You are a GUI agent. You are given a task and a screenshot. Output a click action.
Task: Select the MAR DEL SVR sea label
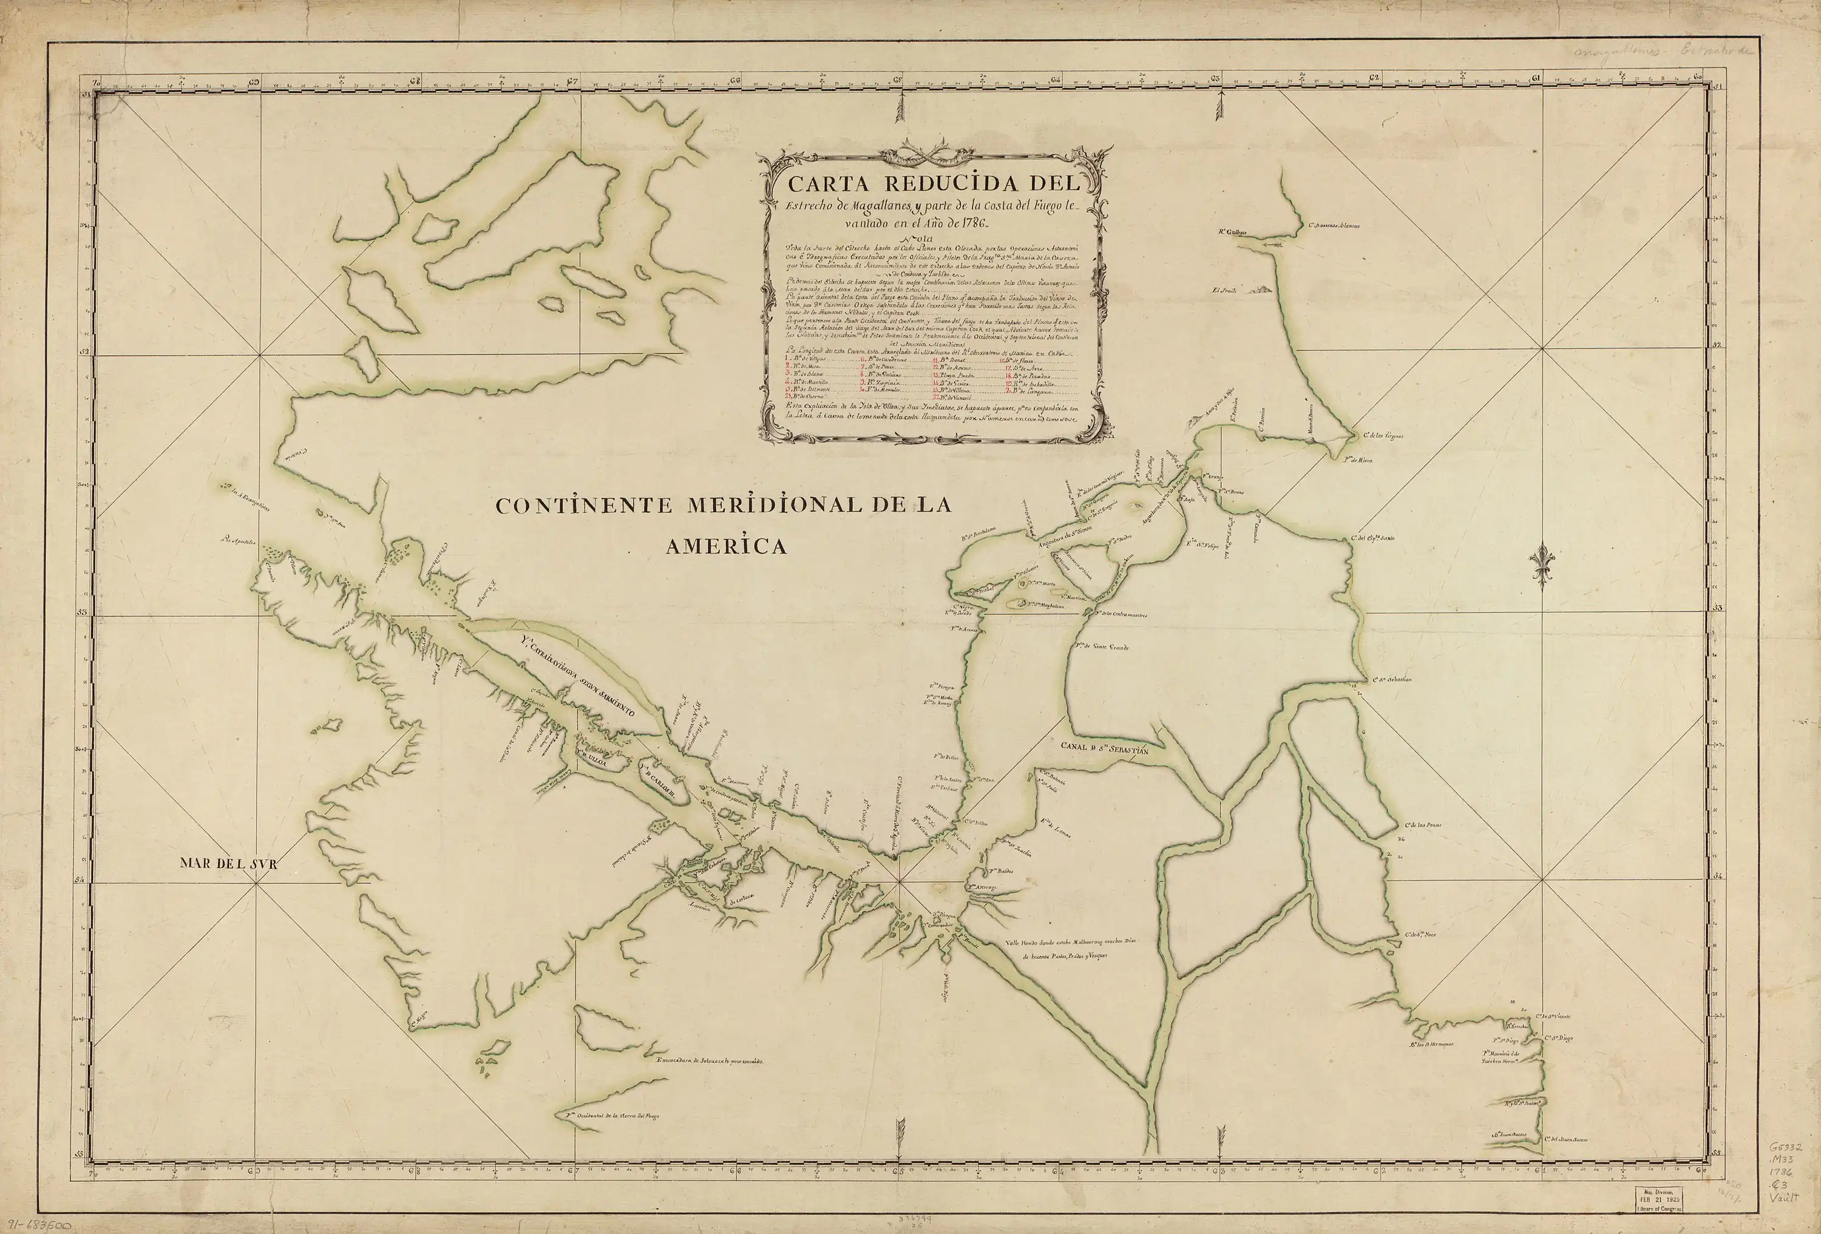(x=229, y=863)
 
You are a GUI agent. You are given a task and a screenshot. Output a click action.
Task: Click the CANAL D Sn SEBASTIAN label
(x=1104, y=749)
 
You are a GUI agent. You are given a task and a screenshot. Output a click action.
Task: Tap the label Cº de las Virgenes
(x=1383, y=436)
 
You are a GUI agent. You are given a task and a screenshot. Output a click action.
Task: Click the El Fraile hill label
(x=1224, y=290)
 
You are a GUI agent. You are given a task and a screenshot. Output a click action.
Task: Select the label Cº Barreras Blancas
(x=1332, y=226)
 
